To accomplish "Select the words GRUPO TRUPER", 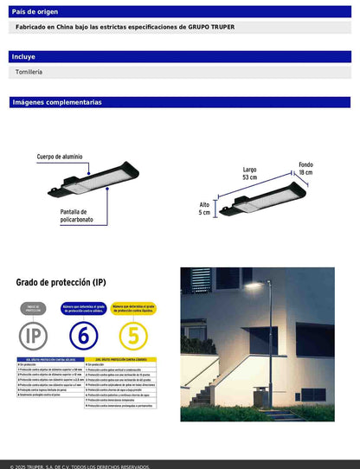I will click(x=210, y=28).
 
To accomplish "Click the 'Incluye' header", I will click(x=23, y=56).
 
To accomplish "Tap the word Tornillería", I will click(x=29, y=72).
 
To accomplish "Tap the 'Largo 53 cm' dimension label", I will click(x=250, y=173).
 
